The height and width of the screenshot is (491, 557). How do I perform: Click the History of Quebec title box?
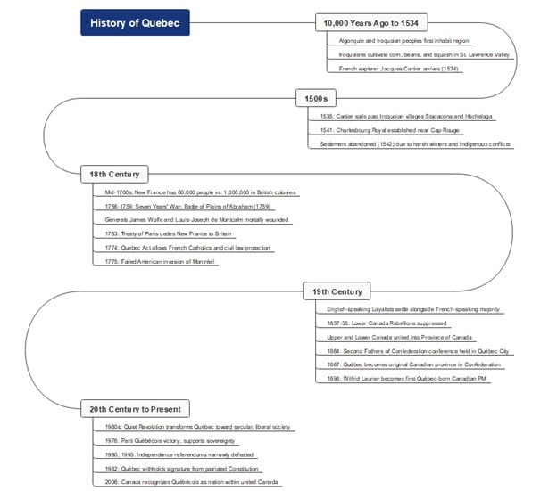coord(135,22)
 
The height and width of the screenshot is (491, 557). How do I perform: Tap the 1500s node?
coord(316,97)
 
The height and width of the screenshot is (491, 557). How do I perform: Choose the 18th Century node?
coord(114,173)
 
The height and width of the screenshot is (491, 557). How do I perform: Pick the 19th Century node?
coord(337,291)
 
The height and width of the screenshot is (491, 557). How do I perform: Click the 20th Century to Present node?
coord(135,409)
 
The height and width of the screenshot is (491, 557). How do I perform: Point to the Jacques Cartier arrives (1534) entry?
coord(398,69)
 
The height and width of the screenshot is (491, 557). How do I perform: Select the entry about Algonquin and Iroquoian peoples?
coord(400,41)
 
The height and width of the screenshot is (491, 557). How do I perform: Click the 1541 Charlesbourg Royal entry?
coord(386,130)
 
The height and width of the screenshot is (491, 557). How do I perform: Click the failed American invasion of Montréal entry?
coord(161,262)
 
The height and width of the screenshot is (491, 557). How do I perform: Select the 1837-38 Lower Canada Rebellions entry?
coord(387,323)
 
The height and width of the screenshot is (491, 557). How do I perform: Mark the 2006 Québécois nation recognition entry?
coord(191,482)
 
